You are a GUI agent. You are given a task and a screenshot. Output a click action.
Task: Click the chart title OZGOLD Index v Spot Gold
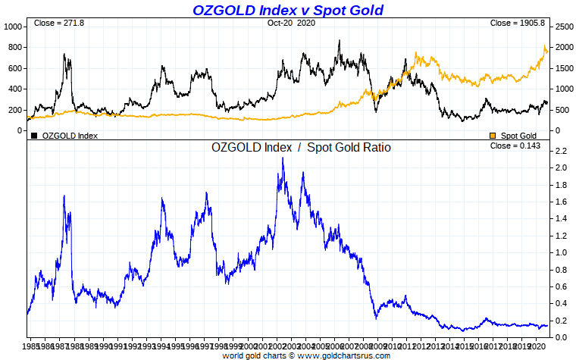tap(288, 10)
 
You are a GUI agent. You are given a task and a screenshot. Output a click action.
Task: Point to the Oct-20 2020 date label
tap(290, 23)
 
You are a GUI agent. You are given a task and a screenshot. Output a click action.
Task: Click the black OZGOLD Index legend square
tap(34, 136)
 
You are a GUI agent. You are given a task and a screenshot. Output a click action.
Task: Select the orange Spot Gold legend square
tap(493, 136)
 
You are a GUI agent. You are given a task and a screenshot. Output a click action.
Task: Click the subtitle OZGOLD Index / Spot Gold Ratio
tap(301, 148)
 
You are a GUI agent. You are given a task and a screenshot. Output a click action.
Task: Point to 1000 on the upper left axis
tap(14, 26)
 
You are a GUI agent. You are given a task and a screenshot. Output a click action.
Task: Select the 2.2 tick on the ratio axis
tap(561, 152)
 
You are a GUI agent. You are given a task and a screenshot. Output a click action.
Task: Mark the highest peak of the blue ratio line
tap(283, 158)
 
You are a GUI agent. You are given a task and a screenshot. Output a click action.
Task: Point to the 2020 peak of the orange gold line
tap(546, 49)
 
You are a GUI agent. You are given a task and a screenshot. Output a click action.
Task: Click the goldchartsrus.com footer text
tap(306, 355)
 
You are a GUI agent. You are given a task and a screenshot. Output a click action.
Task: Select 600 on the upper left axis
tap(14, 67)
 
